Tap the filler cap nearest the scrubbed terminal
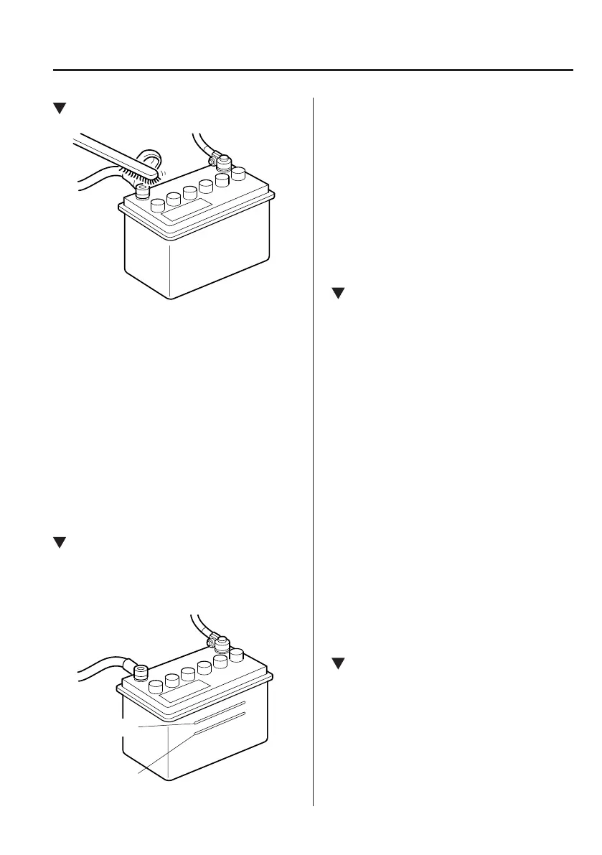156,205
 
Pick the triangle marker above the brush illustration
60,108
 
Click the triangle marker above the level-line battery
60,543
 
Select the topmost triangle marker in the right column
338,293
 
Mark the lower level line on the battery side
220,724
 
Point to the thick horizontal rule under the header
314,70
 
